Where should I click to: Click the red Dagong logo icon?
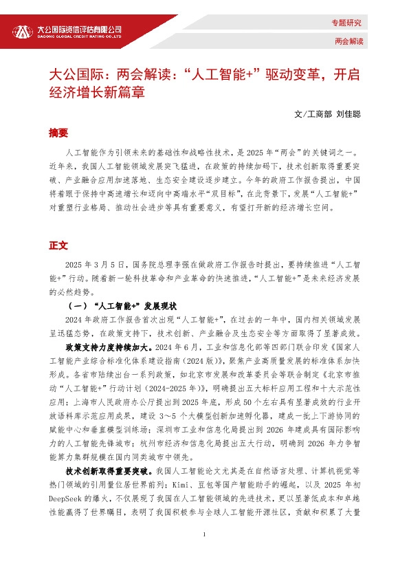point(23,31)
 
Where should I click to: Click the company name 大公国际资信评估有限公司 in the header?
point(80,30)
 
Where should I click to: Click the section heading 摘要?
point(58,132)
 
